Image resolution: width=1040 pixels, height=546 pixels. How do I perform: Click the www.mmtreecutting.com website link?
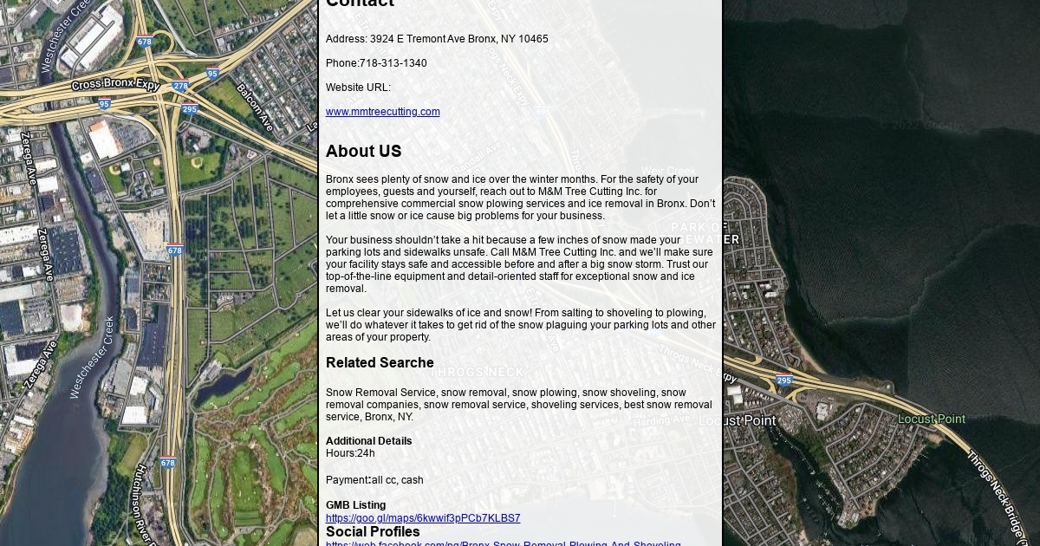382,112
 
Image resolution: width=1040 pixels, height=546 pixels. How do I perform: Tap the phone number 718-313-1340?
393,63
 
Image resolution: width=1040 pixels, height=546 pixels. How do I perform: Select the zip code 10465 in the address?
533,39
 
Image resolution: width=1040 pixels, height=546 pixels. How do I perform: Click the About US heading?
363,152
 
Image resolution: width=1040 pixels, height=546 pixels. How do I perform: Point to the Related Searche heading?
380,363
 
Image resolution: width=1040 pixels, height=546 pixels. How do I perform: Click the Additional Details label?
368,441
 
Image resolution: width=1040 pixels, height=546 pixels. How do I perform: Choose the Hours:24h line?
350,453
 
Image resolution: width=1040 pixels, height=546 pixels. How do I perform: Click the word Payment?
347,480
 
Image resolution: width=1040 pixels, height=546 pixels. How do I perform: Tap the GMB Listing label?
355,505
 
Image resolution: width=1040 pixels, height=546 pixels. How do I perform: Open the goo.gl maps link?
423,518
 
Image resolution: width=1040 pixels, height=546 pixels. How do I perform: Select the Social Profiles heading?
373,532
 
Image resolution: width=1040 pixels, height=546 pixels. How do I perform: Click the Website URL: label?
358,88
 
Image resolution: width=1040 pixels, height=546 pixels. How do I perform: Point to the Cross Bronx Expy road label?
115,85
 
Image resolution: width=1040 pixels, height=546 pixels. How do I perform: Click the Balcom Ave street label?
254,107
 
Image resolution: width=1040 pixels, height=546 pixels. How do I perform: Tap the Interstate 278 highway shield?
180,87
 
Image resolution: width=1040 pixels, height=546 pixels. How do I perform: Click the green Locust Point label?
931,419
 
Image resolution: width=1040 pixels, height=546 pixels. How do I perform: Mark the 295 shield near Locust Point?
783,380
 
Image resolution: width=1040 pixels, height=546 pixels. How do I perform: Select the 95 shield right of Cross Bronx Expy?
212,75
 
